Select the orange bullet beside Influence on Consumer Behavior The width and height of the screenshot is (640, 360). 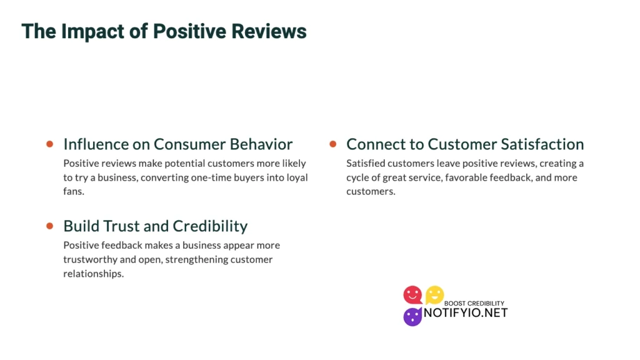[49, 144]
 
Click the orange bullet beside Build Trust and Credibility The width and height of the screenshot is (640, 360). [49, 226]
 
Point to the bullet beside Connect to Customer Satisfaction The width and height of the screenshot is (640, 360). [333, 144]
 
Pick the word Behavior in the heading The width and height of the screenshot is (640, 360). [261, 144]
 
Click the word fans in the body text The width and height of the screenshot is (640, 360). [73, 192]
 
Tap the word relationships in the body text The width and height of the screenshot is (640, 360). [93, 274]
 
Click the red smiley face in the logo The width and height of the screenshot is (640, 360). [412, 294]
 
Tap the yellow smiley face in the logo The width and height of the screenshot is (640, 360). [434, 294]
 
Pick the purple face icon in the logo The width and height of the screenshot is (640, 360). [412, 317]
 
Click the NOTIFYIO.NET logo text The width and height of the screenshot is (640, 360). [466, 312]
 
